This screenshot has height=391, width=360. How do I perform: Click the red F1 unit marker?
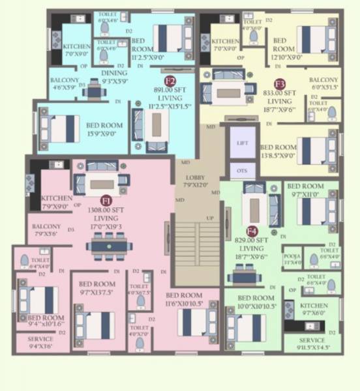[x=106, y=201]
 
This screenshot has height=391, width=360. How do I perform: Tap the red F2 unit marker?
[x=170, y=81]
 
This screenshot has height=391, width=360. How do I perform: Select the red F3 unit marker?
[x=280, y=83]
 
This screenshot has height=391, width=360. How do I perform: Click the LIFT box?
[x=243, y=143]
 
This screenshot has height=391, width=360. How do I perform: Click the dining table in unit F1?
[x=108, y=245]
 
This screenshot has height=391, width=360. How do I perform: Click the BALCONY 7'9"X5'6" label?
[x=46, y=230]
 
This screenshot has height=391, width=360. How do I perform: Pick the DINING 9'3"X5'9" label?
[x=115, y=77]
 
